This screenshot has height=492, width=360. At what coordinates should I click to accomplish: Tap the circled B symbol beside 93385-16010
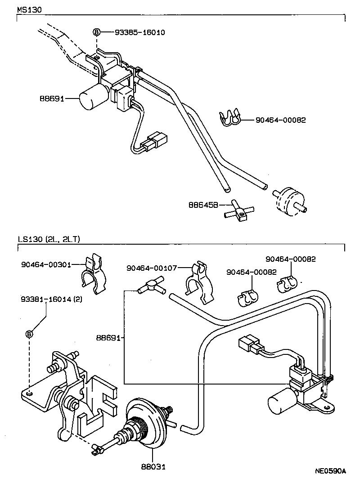tap(96, 32)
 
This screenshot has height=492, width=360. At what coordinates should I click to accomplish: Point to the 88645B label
tap(203, 205)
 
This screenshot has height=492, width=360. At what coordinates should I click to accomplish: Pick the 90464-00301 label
tap(46, 264)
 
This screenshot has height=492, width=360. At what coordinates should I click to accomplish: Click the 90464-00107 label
tap(152, 268)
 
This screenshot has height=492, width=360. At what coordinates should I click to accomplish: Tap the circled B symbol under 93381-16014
tap(29, 334)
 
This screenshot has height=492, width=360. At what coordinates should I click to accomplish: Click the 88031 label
tap(152, 467)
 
